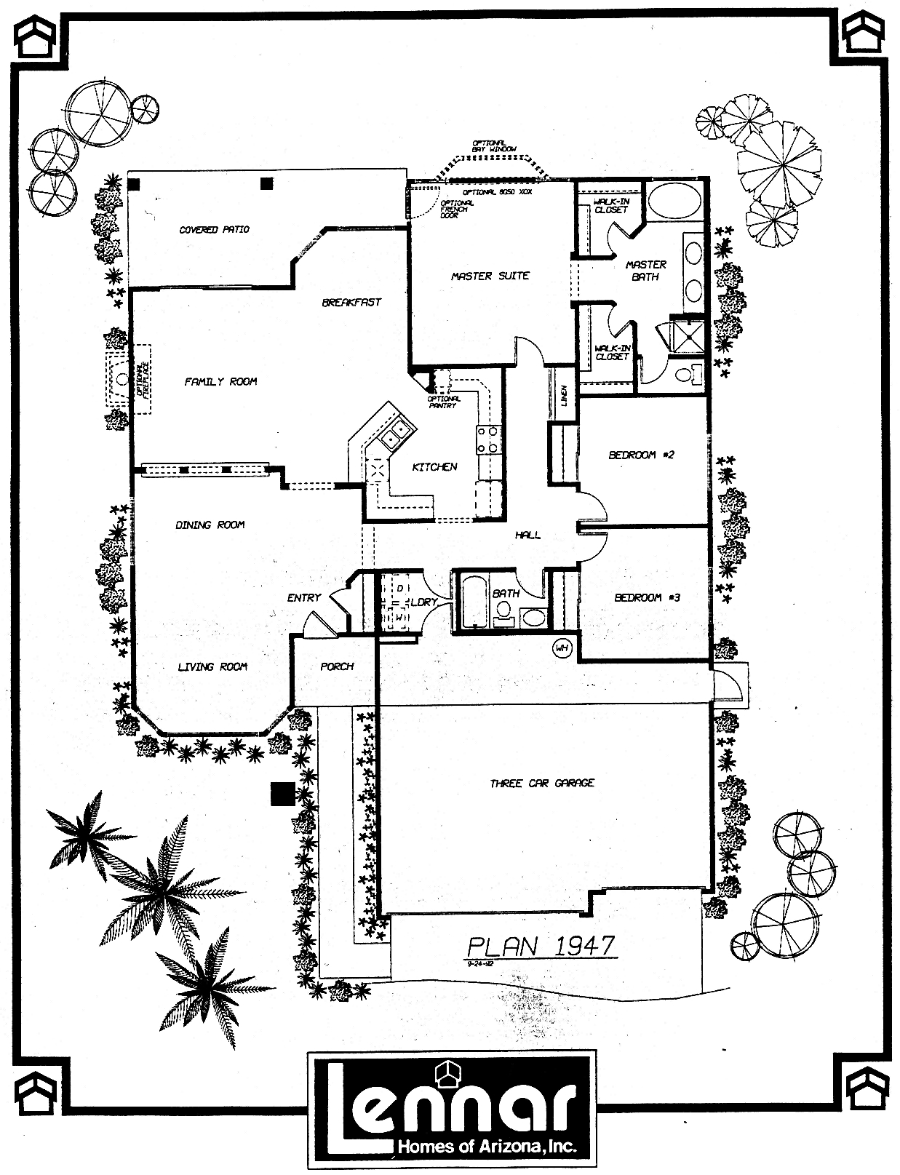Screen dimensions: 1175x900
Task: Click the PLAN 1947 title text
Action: tap(541, 946)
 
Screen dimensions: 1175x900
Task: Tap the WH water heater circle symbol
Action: tap(562, 646)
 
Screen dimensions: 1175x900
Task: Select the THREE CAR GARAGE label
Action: tap(542, 783)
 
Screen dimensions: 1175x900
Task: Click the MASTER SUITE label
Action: tap(490, 276)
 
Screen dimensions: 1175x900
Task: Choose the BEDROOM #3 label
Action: tap(647, 597)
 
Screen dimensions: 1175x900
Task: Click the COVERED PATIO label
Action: tap(214, 229)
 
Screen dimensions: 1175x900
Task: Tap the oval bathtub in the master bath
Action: tap(674, 200)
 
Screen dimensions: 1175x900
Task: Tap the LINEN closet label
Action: tap(565, 397)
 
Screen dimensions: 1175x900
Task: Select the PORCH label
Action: tap(337, 666)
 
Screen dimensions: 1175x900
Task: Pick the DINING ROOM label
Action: tap(210, 525)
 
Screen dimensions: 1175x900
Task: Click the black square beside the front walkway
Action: tap(282, 793)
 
